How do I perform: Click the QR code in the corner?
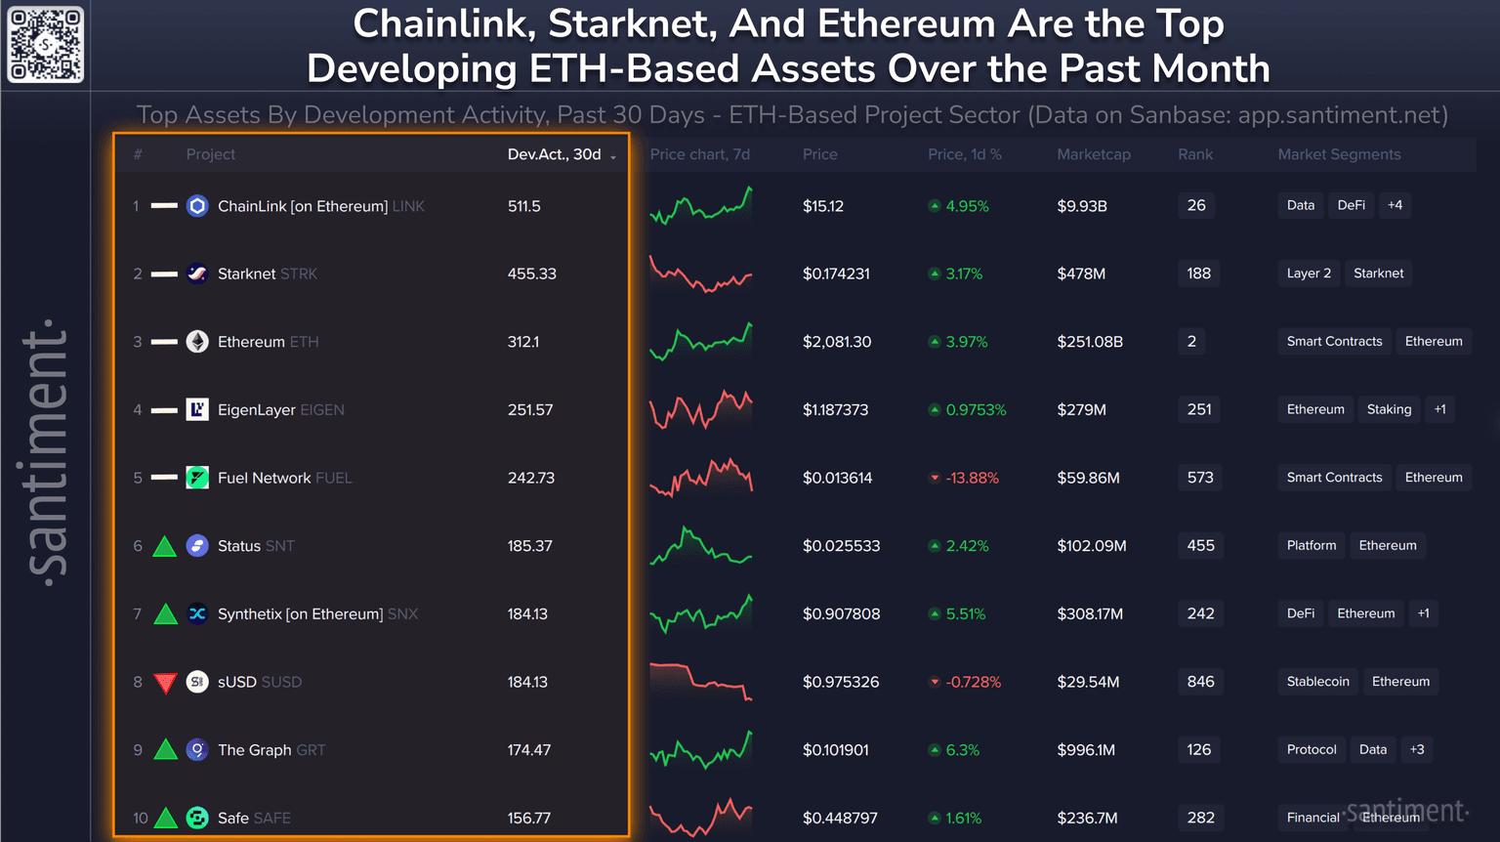tap(45, 45)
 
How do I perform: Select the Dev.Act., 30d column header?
tap(555, 154)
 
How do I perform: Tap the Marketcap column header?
tap(1093, 154)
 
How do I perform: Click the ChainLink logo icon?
tap(197, 206)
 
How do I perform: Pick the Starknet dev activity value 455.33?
tap(531, 274)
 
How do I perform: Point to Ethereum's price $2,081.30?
tap(836, 342)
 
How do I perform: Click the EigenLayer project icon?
tap(197, 409)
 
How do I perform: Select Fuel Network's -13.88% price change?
tap(971, 478)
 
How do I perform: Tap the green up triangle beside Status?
tap(165, 546)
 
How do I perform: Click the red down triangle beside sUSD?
tap(165, 683)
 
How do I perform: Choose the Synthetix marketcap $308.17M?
tap(1089, 613)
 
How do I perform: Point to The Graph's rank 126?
tap(1198, 749)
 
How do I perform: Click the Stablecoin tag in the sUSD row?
tap(1317, 681)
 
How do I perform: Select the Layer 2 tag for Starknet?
tap(1309, 274)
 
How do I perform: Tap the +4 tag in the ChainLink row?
tap(1395, 205)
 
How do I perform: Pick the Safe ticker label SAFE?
tap(271, 818)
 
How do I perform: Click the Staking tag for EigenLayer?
tap(1389, 409)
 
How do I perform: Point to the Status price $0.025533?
tap(841, 546)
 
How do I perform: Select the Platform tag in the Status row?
tap(1311, 545)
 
